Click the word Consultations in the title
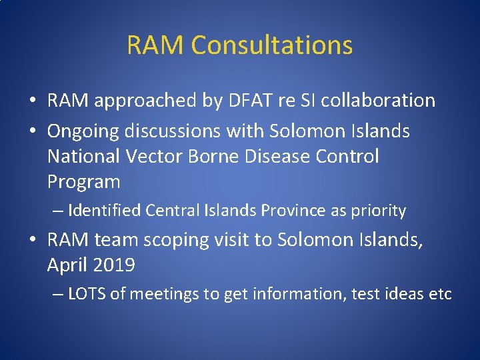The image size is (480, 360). coord(271,45)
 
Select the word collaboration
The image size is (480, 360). coord(379,101)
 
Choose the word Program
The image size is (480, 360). coord(83,181)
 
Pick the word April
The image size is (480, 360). coord(67,265)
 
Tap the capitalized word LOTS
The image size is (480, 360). coord(87,294)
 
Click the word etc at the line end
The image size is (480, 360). coord(439,294)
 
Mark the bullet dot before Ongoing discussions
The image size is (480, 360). coord(32,132)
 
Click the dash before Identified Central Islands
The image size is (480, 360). coord(58,211)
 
